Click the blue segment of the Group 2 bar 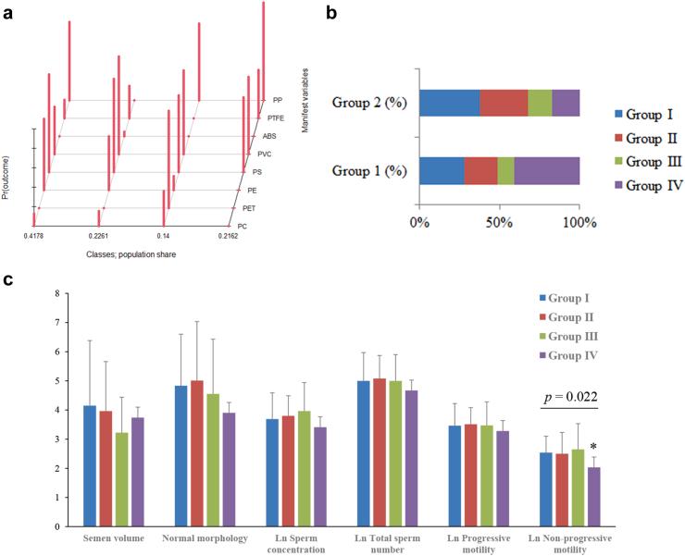(x=449, y=103)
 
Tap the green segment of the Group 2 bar (x=540, y=103)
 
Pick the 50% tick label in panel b (x=500, y=223)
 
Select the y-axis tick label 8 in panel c (x=57, y=294)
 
